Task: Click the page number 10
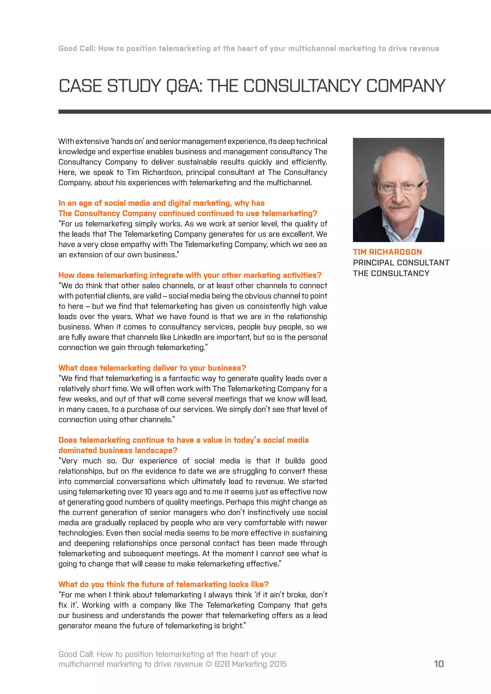point(439,664)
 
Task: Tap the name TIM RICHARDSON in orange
point(387,252)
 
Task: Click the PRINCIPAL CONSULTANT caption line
point(401,263)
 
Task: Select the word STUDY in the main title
point(134,86)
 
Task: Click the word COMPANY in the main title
point(405,86)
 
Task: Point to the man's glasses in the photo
point(399,188)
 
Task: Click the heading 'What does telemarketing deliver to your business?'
point(152,368)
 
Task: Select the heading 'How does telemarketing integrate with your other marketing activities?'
point(190,275)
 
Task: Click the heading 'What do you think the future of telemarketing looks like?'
point(164,584)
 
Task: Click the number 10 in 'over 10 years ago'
point(148,492)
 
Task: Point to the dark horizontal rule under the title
point(272,111)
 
